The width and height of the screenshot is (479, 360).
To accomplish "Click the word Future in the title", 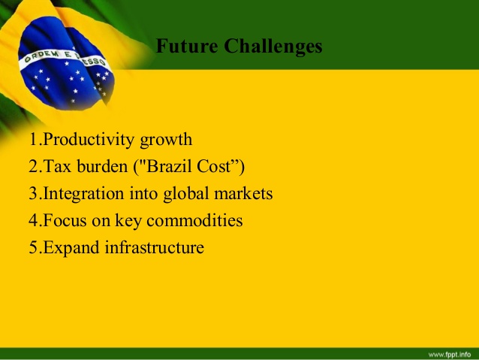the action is point(187,46).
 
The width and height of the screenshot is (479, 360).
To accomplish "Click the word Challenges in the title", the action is point(273,47).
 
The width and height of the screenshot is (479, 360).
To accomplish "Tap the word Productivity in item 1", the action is point(89,140).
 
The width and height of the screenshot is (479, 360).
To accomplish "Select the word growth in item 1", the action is point(166,141).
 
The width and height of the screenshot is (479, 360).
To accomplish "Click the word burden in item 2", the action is point(102,166).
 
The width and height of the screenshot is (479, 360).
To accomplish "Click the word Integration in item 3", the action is point(83,194).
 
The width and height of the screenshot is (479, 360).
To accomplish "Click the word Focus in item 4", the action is point(65,220).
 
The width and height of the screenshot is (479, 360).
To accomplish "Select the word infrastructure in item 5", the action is point(155,247).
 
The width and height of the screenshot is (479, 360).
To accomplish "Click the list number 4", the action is point(33,220).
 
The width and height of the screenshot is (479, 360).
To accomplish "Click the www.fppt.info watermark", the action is point(450,355).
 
